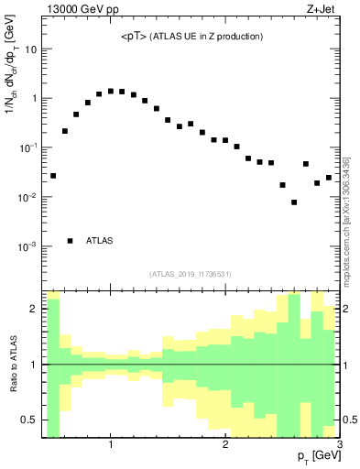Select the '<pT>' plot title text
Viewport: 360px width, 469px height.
[x=192, y=37]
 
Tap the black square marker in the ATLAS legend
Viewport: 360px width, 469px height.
[x=71, y=241]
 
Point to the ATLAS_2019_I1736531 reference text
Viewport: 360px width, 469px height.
[x=191, y=274]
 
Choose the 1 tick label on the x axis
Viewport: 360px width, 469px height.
[x=111, y=446]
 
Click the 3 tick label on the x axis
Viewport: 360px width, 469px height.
[x=339, y=446]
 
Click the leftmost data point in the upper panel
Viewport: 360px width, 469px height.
[x=53, y=175]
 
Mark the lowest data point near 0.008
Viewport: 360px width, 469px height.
[x=294, y=202]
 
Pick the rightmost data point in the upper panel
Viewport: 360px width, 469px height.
[x=329, y=178]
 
